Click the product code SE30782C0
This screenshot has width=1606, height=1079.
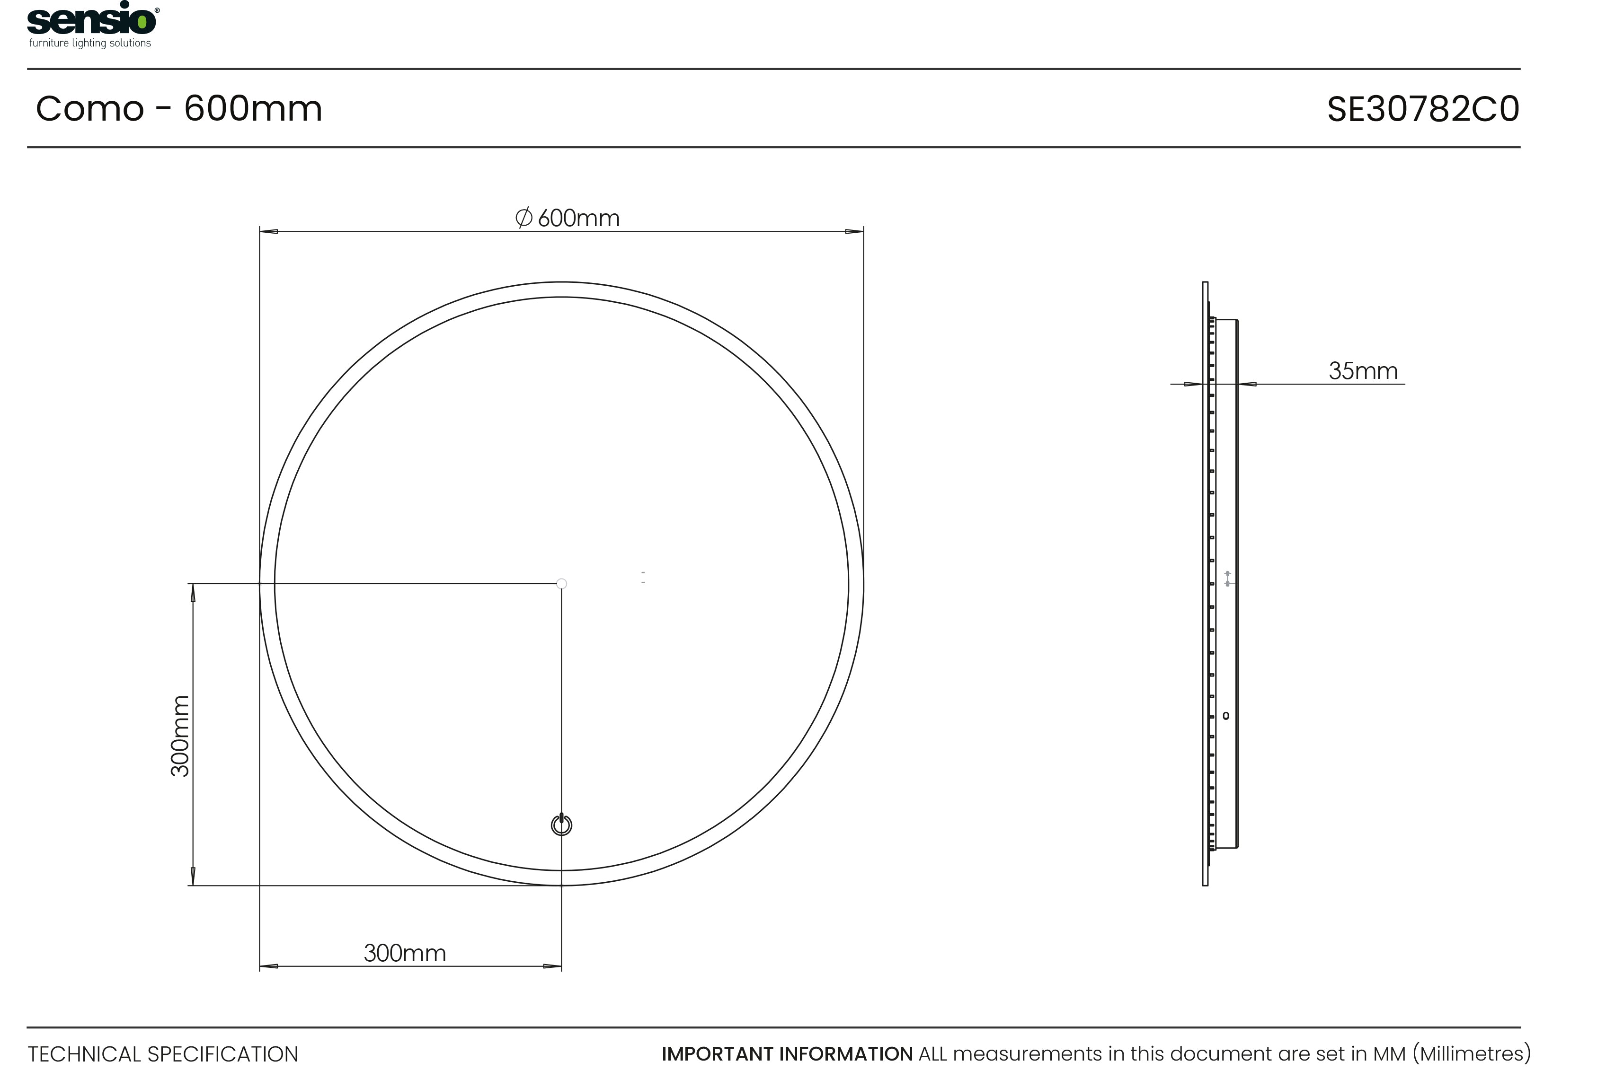(1422, 109)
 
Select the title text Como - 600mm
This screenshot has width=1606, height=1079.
(179, 109)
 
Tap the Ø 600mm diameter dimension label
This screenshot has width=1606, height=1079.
(568, 218)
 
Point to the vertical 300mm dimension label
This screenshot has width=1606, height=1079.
(180, 736)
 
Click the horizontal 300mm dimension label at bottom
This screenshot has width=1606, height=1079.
(405, 953)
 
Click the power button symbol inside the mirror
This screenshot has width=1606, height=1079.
(562, 825)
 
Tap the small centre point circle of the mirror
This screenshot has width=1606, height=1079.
(562, 584)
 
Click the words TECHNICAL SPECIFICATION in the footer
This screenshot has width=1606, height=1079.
(163, 1054)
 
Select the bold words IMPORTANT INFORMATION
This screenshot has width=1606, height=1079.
(787, 1054)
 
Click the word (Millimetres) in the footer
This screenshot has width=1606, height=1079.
(1471, 1054)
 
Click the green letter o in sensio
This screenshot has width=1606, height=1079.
(142, 23)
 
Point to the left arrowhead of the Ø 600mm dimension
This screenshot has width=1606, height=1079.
(268, 231)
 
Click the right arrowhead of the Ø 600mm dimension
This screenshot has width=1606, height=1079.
(854, 231)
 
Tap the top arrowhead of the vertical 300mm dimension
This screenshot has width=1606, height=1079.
(193, 593)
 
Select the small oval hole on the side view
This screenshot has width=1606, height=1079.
(1226, 716)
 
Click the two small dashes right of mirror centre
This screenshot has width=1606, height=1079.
(643, 578)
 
